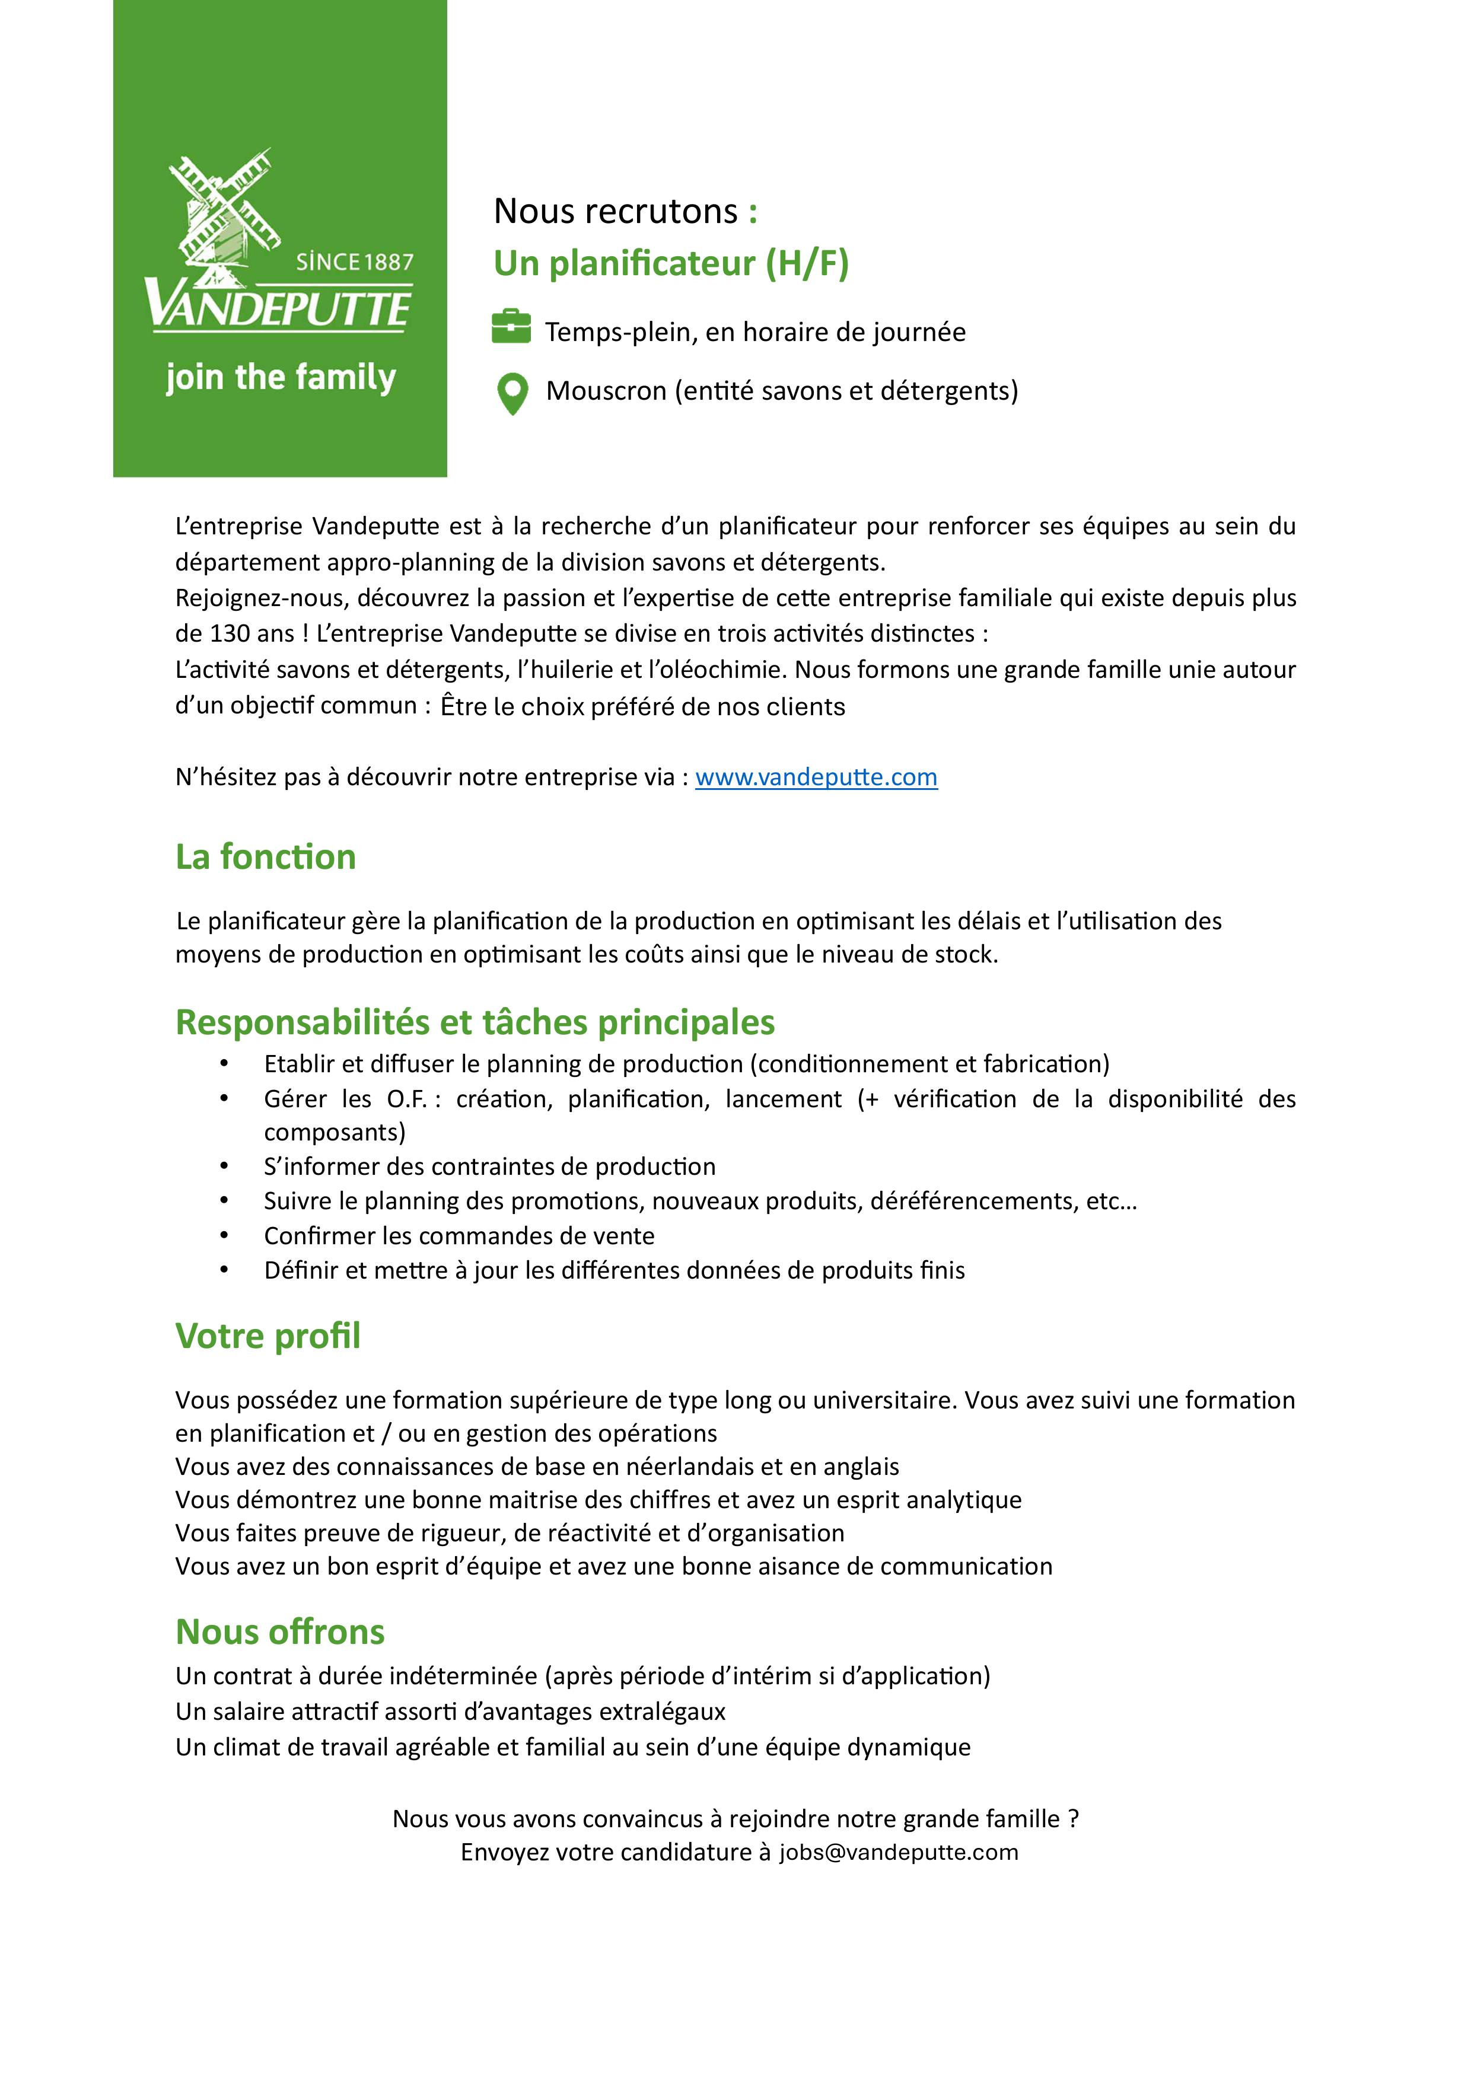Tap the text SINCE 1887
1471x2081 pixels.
coord(354,263)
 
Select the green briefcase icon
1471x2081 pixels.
coord(511,327)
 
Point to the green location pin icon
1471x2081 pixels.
coord(513,393)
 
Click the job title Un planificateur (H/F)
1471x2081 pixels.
coord(671,264)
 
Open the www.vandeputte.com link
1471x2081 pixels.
coord(816,777)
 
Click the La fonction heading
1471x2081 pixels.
coord(266,856)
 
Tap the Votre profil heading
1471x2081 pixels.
coord(268,1335)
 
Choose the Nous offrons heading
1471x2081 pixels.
coord(280,1631)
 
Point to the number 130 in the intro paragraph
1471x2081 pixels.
coord(230,633)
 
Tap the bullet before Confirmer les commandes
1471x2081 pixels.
coord(224,1235)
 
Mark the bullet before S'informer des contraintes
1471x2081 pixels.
coord(224,1167)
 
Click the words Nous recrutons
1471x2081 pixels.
coord(616,211)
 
